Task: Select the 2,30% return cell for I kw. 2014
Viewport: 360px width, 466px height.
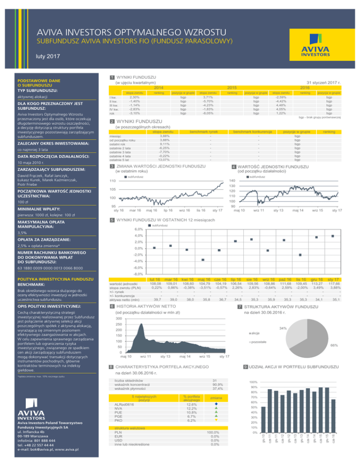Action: pos(134,97)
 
